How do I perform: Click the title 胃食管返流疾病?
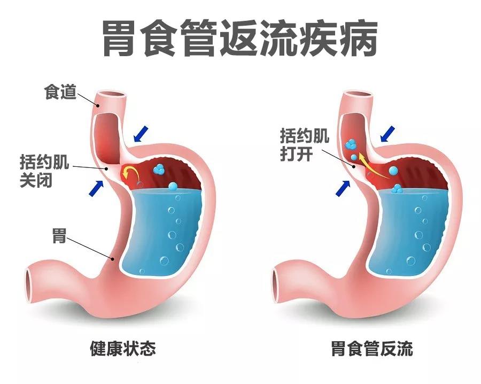239,38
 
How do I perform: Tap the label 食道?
60,92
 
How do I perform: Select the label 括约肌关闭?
44,171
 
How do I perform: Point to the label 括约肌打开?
304,144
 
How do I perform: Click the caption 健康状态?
123,348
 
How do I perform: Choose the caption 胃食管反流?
372,348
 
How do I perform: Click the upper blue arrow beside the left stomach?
141,134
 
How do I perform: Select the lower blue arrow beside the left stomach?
96,188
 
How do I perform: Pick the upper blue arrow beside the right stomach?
388,134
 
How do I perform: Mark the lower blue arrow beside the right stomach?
343,188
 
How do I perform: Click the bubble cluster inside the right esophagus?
351,144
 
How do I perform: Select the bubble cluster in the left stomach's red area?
159,168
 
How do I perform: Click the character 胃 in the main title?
119,38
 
